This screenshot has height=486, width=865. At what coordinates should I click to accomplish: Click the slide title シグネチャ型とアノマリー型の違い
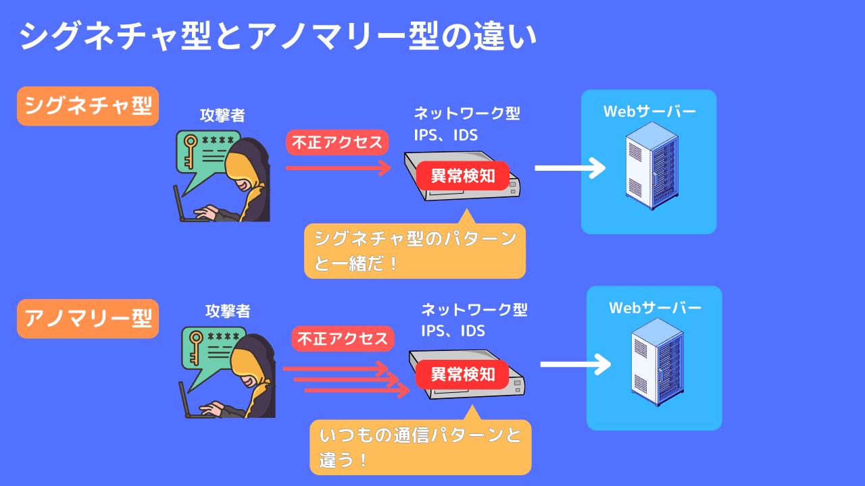click(x=278, y=36)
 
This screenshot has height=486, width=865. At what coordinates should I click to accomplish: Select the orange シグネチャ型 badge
click(x=88, y=106)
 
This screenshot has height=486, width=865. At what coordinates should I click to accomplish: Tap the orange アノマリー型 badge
click(x=88, y=319)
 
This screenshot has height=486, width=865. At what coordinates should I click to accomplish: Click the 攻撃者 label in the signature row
click(x=222, y=115)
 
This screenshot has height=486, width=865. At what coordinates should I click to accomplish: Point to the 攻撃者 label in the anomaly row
click(x=228, y=311)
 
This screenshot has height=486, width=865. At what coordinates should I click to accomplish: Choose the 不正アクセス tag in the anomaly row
click(x=343, y=339)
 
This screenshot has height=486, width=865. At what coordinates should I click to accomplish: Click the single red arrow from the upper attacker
click(x=338, y=167)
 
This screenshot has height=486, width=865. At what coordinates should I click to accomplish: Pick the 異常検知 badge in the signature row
click(x=463, y=176)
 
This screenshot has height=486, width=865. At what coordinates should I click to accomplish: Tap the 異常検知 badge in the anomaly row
click(x=463, y=374)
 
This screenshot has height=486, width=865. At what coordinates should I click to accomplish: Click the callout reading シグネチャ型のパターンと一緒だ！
click(x=414, y=250)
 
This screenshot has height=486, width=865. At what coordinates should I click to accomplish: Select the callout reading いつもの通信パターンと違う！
click(x=420, y=447)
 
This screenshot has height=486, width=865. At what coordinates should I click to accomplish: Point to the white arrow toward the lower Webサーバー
click(x=575, y=364)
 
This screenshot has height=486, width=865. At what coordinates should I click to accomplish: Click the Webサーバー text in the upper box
click(x=649, y=111)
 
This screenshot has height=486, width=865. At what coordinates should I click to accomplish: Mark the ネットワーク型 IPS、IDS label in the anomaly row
click(x=473, y=320)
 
